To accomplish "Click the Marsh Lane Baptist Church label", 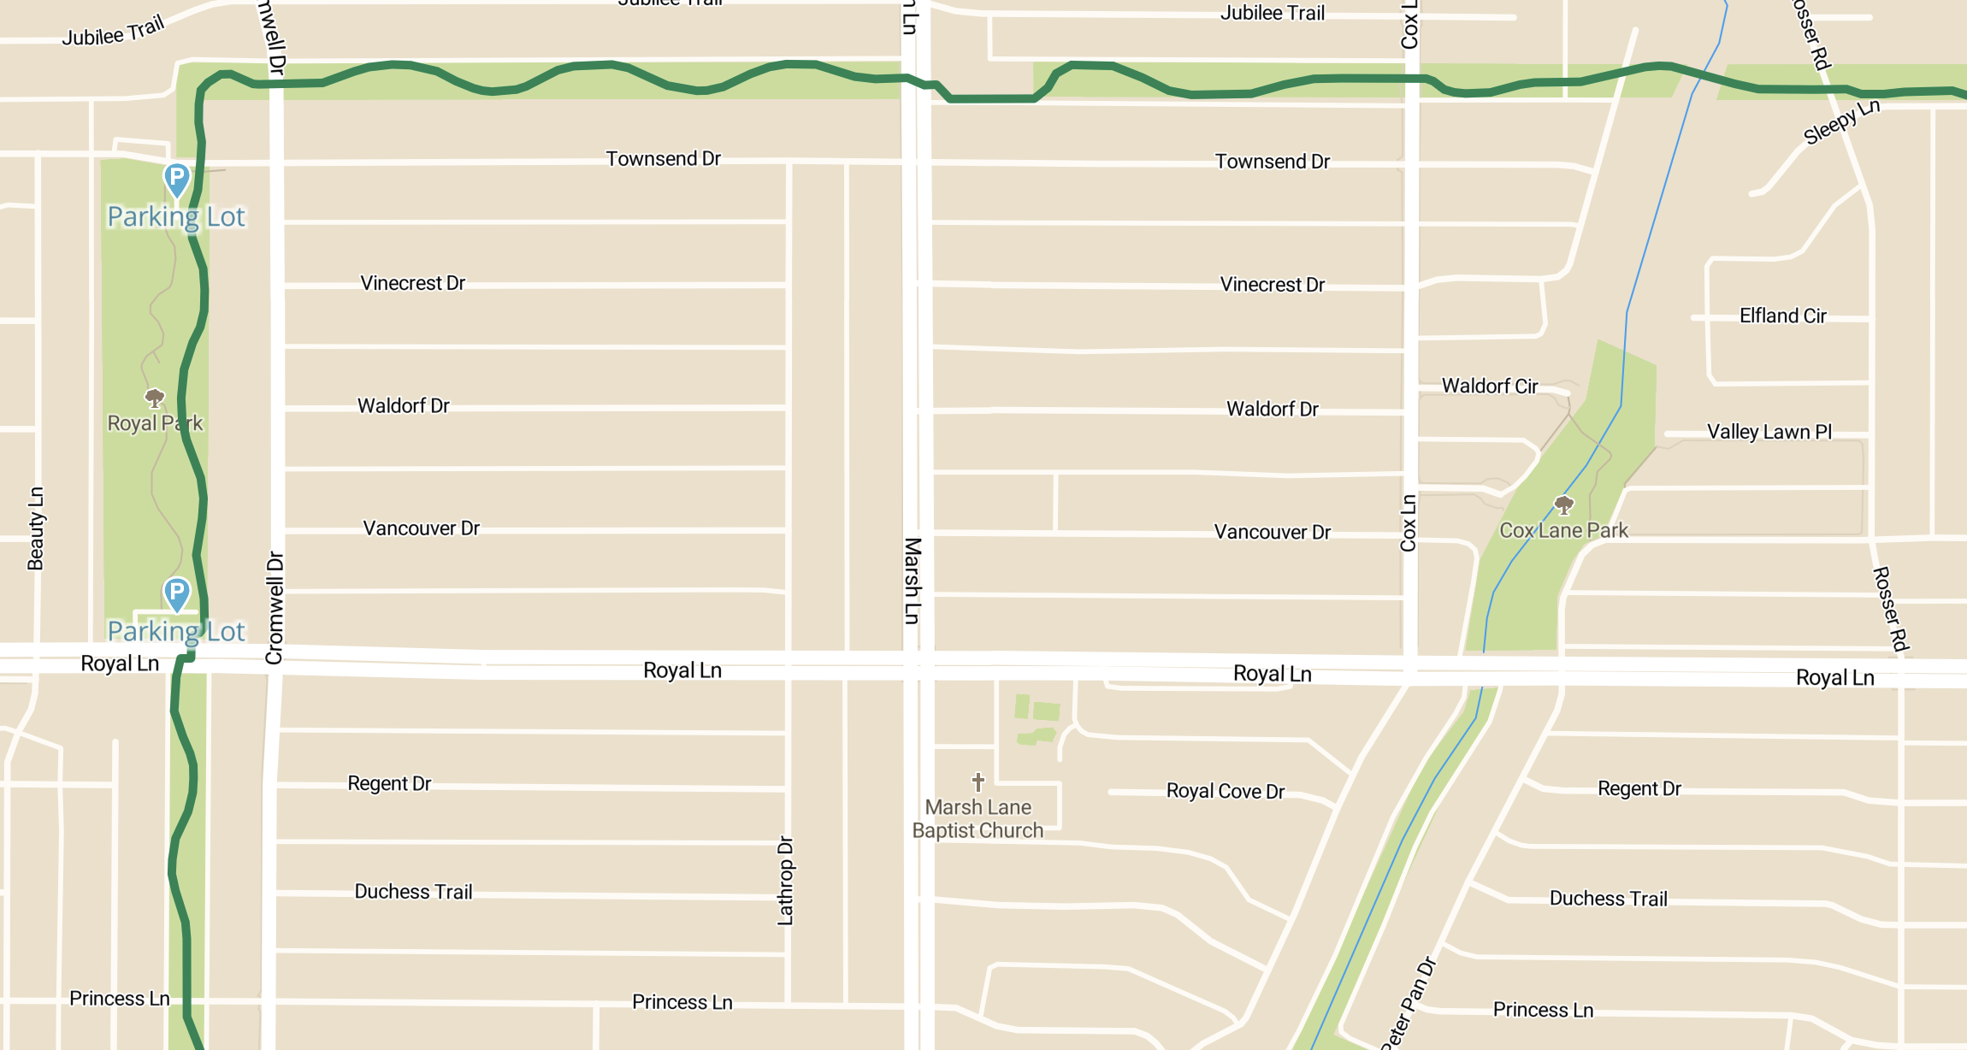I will point(978,818).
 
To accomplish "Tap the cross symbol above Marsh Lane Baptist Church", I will point(978,782).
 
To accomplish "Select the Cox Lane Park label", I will point(1563,530).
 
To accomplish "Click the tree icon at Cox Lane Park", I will point(1563,505).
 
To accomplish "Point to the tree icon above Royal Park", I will point(155,398).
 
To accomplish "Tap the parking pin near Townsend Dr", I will point(177,180).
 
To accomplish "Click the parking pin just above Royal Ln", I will point(177,594).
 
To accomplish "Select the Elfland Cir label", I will point(1782,316).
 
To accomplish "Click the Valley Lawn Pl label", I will point(1769,432).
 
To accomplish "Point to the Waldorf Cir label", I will point(1490,386).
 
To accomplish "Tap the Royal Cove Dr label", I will point(1225,791).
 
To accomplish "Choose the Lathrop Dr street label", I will point(785,881).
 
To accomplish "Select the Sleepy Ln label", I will point(1841,121).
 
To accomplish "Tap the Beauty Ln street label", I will point(35,528).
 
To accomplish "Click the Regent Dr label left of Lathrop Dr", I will point(389,783).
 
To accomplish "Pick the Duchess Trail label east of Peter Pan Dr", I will point(1608,898).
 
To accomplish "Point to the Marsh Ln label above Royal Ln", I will point(913,581).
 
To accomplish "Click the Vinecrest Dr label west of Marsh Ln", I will point(412,283).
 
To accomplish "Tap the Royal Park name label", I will point(155,423).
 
